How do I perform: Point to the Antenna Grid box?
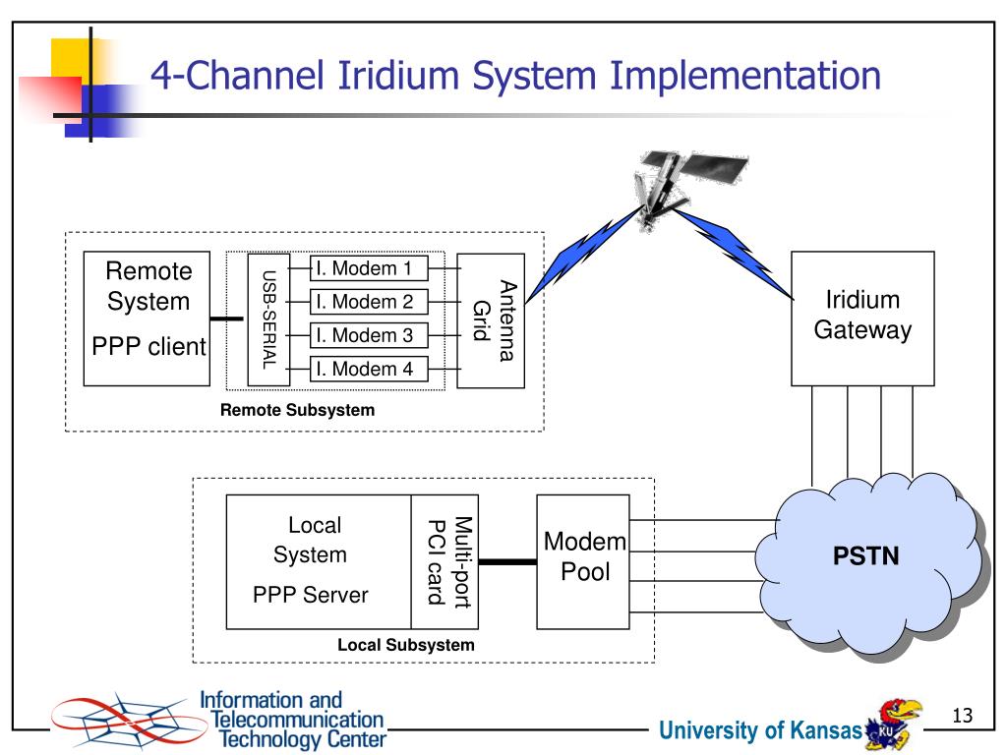pyautogui.click(x=491, y=319)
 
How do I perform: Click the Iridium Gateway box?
pyautogui.click(x=862, y=317)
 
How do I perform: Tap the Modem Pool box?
pyautogui.click(x=585, y=561)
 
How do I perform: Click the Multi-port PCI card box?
pyautogui.click(x=444, y=561)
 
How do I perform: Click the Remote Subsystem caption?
pyautogui.click(x=297, y=410)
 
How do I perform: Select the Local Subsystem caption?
pyautogui.click(x=405, y=646)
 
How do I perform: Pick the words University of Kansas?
pyautogui.click(x=760, y=730)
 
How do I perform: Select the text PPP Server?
pyautogui.click(x=311, y=595)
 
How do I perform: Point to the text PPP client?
pyautogui.click(x=148, y=346)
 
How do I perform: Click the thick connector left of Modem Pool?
pyautogui.click(x=507, y=561)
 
